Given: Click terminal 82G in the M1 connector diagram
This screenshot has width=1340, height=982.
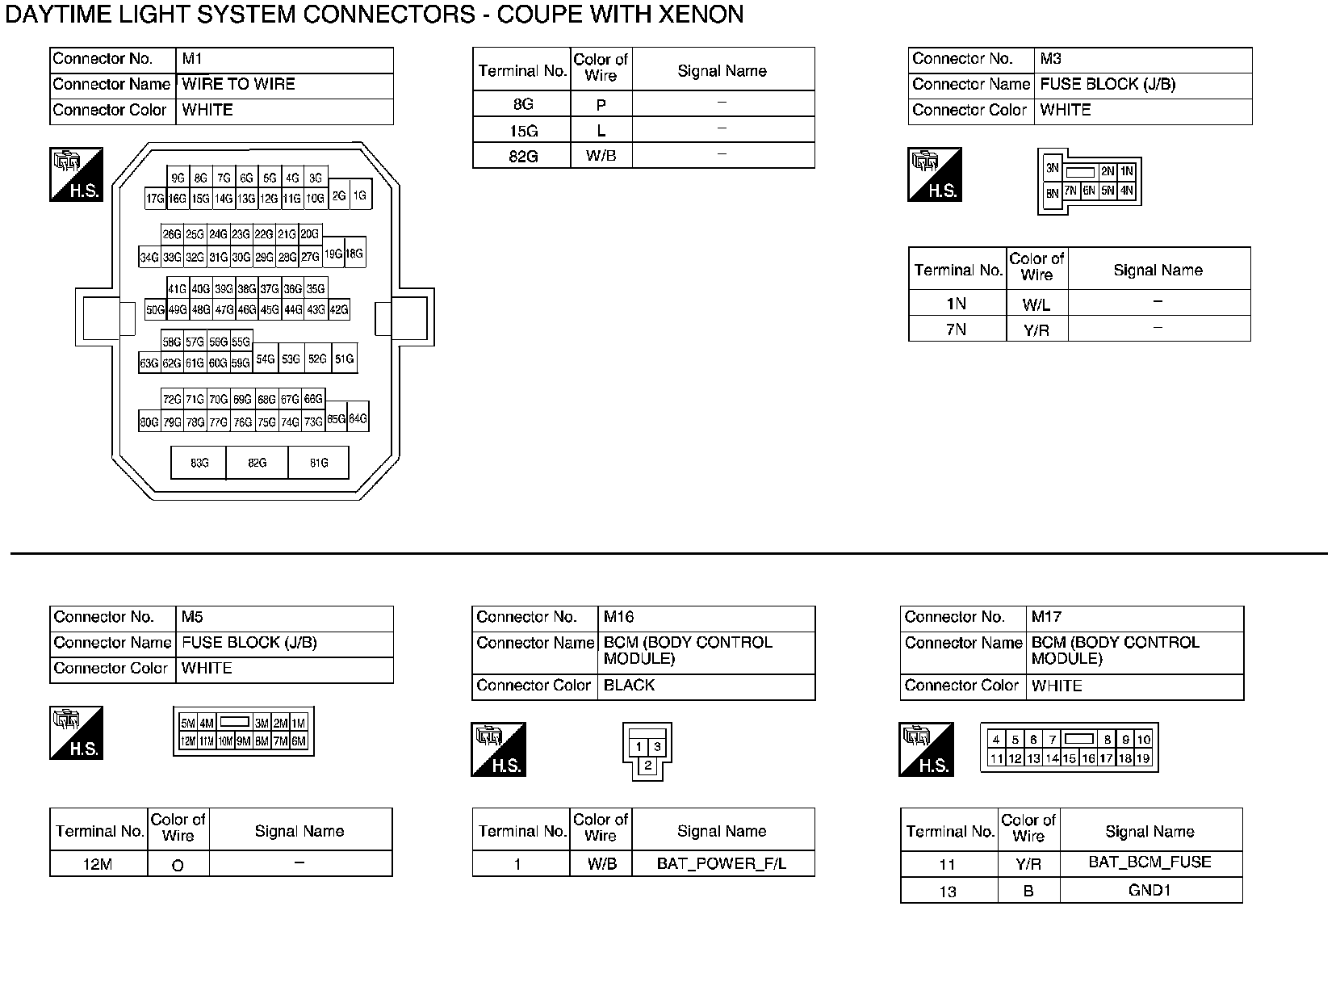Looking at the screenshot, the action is click(257, 463).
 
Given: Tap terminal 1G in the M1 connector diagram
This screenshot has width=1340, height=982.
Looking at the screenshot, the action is click(360, 195).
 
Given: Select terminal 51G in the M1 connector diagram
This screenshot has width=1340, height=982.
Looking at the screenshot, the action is click(345, 359).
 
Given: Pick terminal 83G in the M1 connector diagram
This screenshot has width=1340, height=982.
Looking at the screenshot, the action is click(199, 463).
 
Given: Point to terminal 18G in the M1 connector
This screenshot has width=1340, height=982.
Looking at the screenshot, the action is click(355, 253).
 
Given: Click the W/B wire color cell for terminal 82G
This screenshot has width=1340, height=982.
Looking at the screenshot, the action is click(601, 156).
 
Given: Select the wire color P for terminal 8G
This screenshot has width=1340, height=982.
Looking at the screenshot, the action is click(601, 104).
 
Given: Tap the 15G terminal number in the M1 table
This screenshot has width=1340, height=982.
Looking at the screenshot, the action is click(522, 131).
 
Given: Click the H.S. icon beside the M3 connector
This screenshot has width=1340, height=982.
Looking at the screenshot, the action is click(934, 174).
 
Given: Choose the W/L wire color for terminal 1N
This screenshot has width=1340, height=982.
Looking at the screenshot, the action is click(1036, 304).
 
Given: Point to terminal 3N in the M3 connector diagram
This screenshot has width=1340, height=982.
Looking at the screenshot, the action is click(1052, 169).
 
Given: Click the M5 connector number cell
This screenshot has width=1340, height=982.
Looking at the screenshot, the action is click(284, 618).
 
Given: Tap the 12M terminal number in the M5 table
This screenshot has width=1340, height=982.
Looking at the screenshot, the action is click(98, 864).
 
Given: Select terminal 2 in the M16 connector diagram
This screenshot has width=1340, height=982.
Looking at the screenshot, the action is click(647, 766).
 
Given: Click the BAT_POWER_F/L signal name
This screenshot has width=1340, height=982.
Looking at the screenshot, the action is click(722, 863).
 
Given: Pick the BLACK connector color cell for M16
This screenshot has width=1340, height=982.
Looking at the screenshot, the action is click(706, 686).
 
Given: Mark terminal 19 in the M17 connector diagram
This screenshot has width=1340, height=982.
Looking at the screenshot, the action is click(1142, 758).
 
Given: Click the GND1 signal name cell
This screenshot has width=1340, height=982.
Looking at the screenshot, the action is click(1149, 890).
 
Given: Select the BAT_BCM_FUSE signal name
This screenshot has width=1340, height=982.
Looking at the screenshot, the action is click(1149, 862).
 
